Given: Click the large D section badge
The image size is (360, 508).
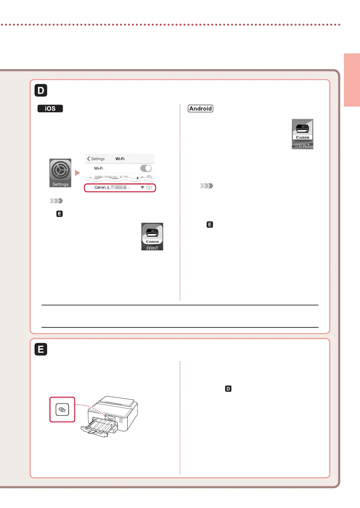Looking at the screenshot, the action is click(x=41, y=90).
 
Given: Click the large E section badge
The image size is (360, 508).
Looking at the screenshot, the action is click(x=41, y=349).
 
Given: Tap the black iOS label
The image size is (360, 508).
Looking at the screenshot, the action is click(x=50, y=108).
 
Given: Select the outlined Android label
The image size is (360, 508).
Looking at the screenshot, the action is click(x=201, y=108).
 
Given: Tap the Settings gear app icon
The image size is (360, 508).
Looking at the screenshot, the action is click(x=60, y=173).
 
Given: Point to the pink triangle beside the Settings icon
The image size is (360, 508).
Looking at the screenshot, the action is click(x=77, y=173).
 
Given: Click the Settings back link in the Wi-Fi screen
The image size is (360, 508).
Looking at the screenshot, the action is click(x=96, y=159).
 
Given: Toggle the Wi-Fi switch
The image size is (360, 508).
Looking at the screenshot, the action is click(x=146, y=168).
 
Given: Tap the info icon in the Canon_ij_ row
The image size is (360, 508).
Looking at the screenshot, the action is click(x=149, y=187).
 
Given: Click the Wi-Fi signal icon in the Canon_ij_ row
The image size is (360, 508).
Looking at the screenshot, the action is click(x=142, y=187).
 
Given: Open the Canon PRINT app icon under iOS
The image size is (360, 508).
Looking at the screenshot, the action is click(x=152, y=236).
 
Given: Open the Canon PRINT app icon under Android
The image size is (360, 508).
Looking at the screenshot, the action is click(x=302, y=134).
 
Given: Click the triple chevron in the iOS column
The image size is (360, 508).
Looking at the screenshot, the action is click(x=56, y=201).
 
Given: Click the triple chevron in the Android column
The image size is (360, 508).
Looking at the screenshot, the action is click(x=207, y=186).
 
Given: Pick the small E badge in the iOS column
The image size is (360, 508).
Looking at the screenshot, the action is click(x=59, y=214).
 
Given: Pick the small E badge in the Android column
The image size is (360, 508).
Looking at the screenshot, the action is click(x=210, y=225).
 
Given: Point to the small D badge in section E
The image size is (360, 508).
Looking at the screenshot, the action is click(x=228, y=389).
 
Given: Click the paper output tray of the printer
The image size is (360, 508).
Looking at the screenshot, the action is click(x=99, y=427).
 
